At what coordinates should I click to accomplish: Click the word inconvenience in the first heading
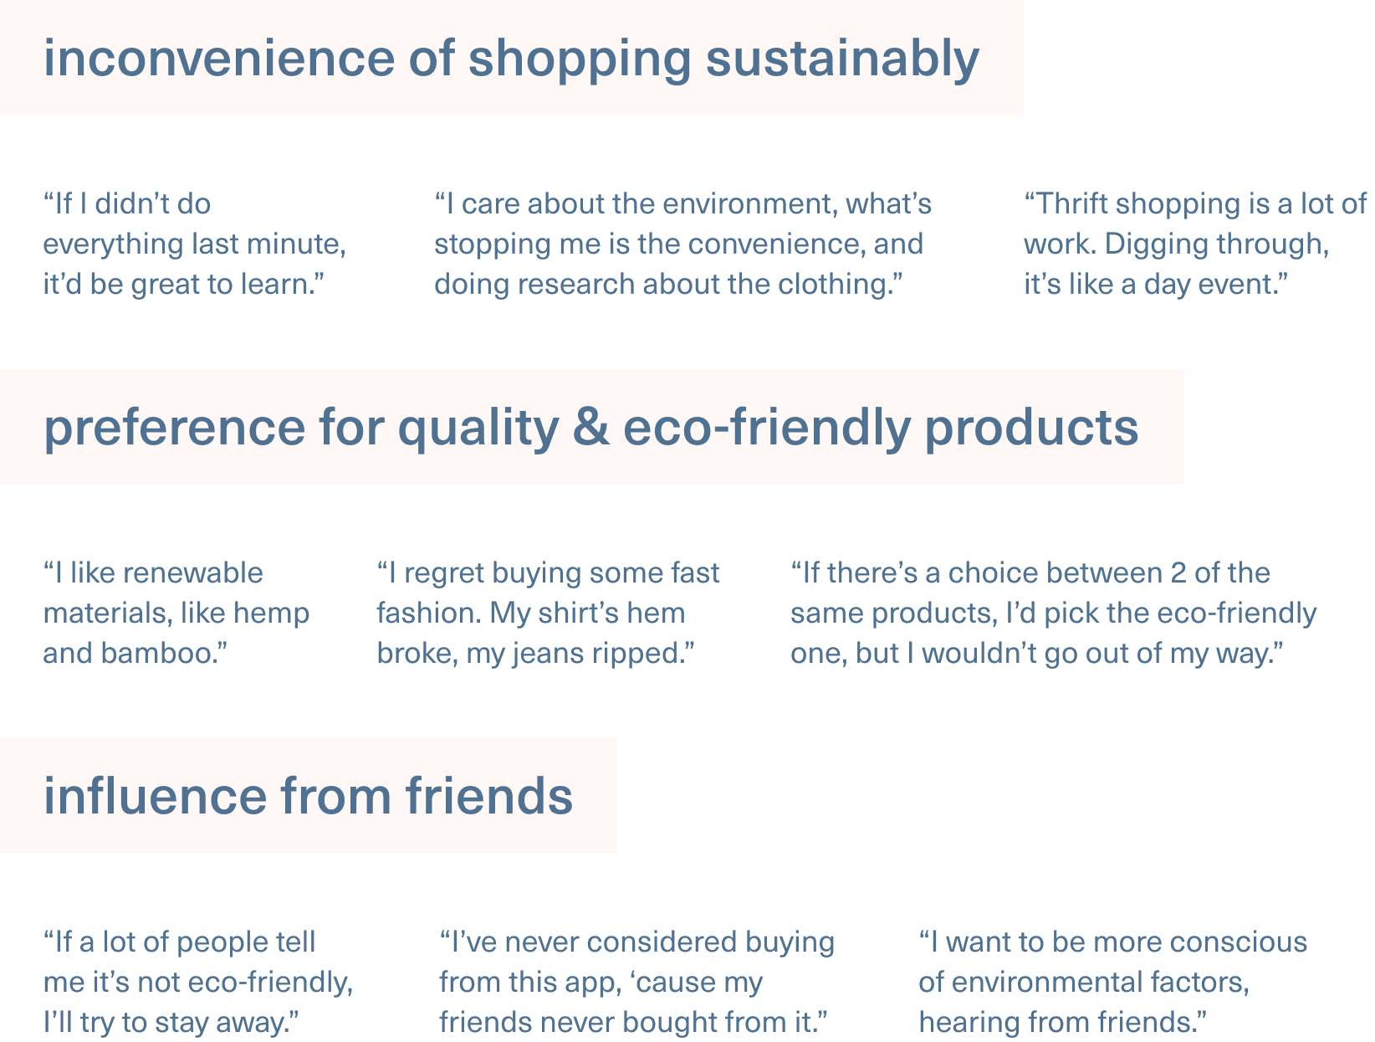[218, 59]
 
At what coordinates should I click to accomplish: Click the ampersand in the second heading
[590, 428]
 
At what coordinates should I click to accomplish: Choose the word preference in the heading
[175, 428]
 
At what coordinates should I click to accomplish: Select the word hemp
[271, 613]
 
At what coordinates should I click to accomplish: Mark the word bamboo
[161, 653]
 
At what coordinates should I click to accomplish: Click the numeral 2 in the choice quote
[1178, 572]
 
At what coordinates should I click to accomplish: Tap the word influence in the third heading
[155, 796]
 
